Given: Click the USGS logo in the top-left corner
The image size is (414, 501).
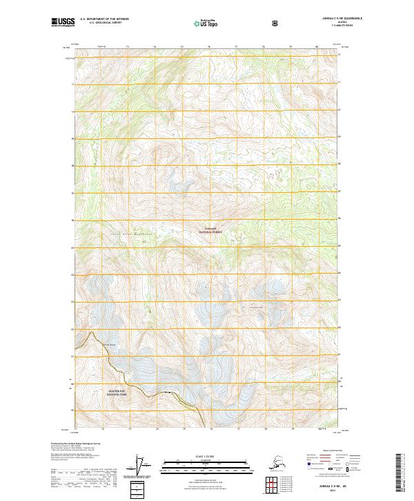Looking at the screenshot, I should tap(63, 23).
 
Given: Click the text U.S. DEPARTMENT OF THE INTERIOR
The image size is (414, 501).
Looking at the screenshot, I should tap(104, 19).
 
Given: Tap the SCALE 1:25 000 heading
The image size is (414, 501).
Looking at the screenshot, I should tap(204, 455).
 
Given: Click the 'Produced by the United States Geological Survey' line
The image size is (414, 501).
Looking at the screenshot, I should tap(76, 442).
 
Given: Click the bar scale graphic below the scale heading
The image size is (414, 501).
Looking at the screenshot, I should tap(204, 464).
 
